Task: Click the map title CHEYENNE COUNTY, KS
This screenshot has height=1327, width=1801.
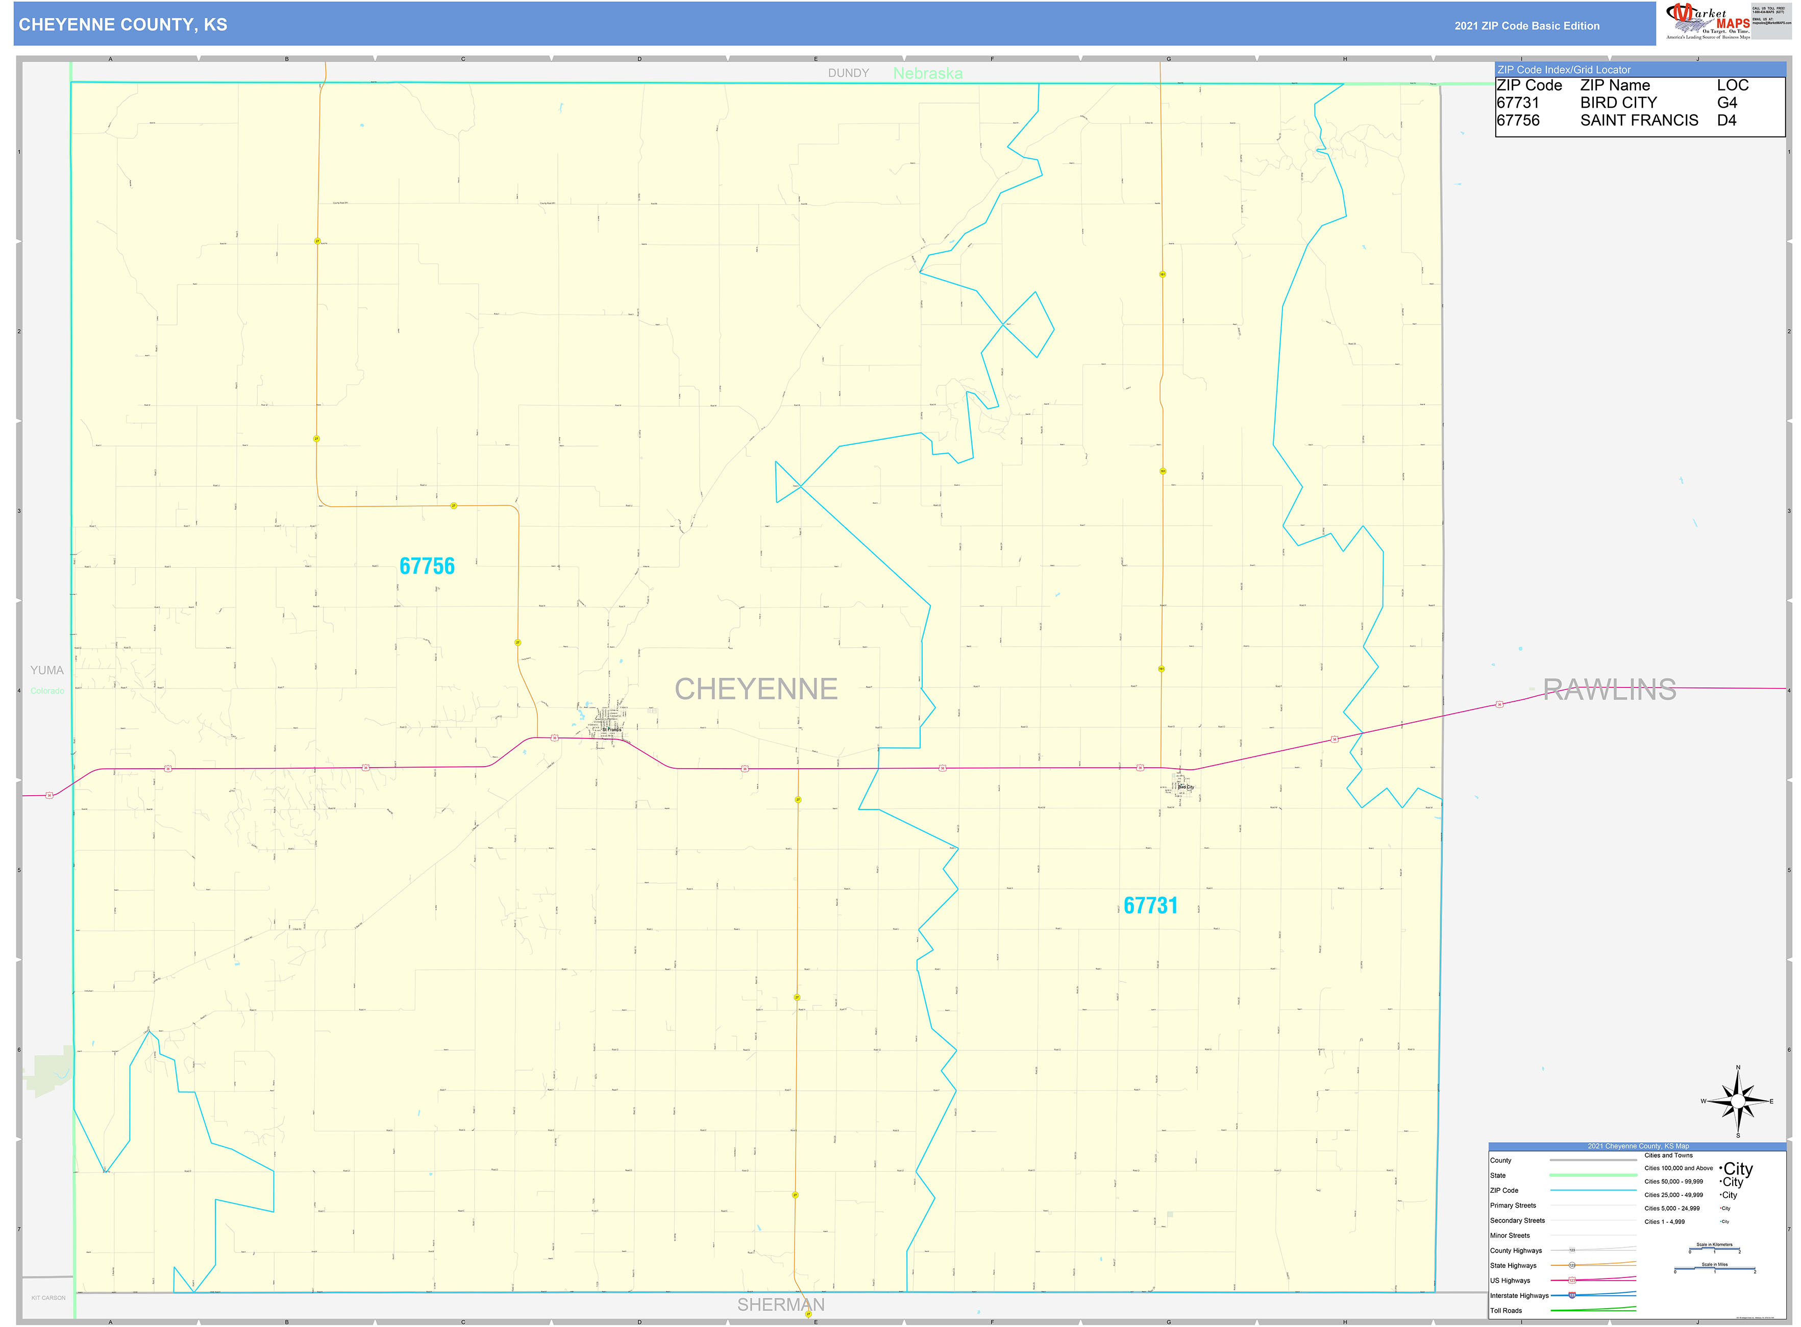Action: [x=123, y=25]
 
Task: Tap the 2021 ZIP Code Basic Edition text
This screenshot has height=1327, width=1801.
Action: [x=1526, y=26]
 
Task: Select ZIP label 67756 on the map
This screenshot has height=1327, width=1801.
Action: [x=427, y=567]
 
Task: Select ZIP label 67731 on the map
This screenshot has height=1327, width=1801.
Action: [x=1150, y=905]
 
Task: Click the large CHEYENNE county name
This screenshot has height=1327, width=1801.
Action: [x=755, y=689]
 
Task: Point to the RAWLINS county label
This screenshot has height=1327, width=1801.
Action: [x=1609, y=689]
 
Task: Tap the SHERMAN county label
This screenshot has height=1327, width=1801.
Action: [x=780, y=1305]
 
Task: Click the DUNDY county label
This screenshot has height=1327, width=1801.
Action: [x=848, y=73]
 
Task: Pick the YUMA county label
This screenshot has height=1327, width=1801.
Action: [x=46, y=670]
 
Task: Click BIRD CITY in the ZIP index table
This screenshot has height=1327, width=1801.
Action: [x=1618, y=103]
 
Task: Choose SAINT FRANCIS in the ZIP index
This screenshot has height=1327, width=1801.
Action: [x=1639, y=120]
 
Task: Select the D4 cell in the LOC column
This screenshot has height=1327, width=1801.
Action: [x=1726, y=120]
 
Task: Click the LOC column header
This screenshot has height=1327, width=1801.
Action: [x=1732, y=85]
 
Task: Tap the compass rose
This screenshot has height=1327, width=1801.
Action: [x=1738, y=1101]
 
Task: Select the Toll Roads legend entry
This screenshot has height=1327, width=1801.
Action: [x=1506, y=1310]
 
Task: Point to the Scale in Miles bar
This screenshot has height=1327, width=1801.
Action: [x=1714, y=1269]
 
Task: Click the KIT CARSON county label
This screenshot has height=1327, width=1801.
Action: [x=48, y=1297]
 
